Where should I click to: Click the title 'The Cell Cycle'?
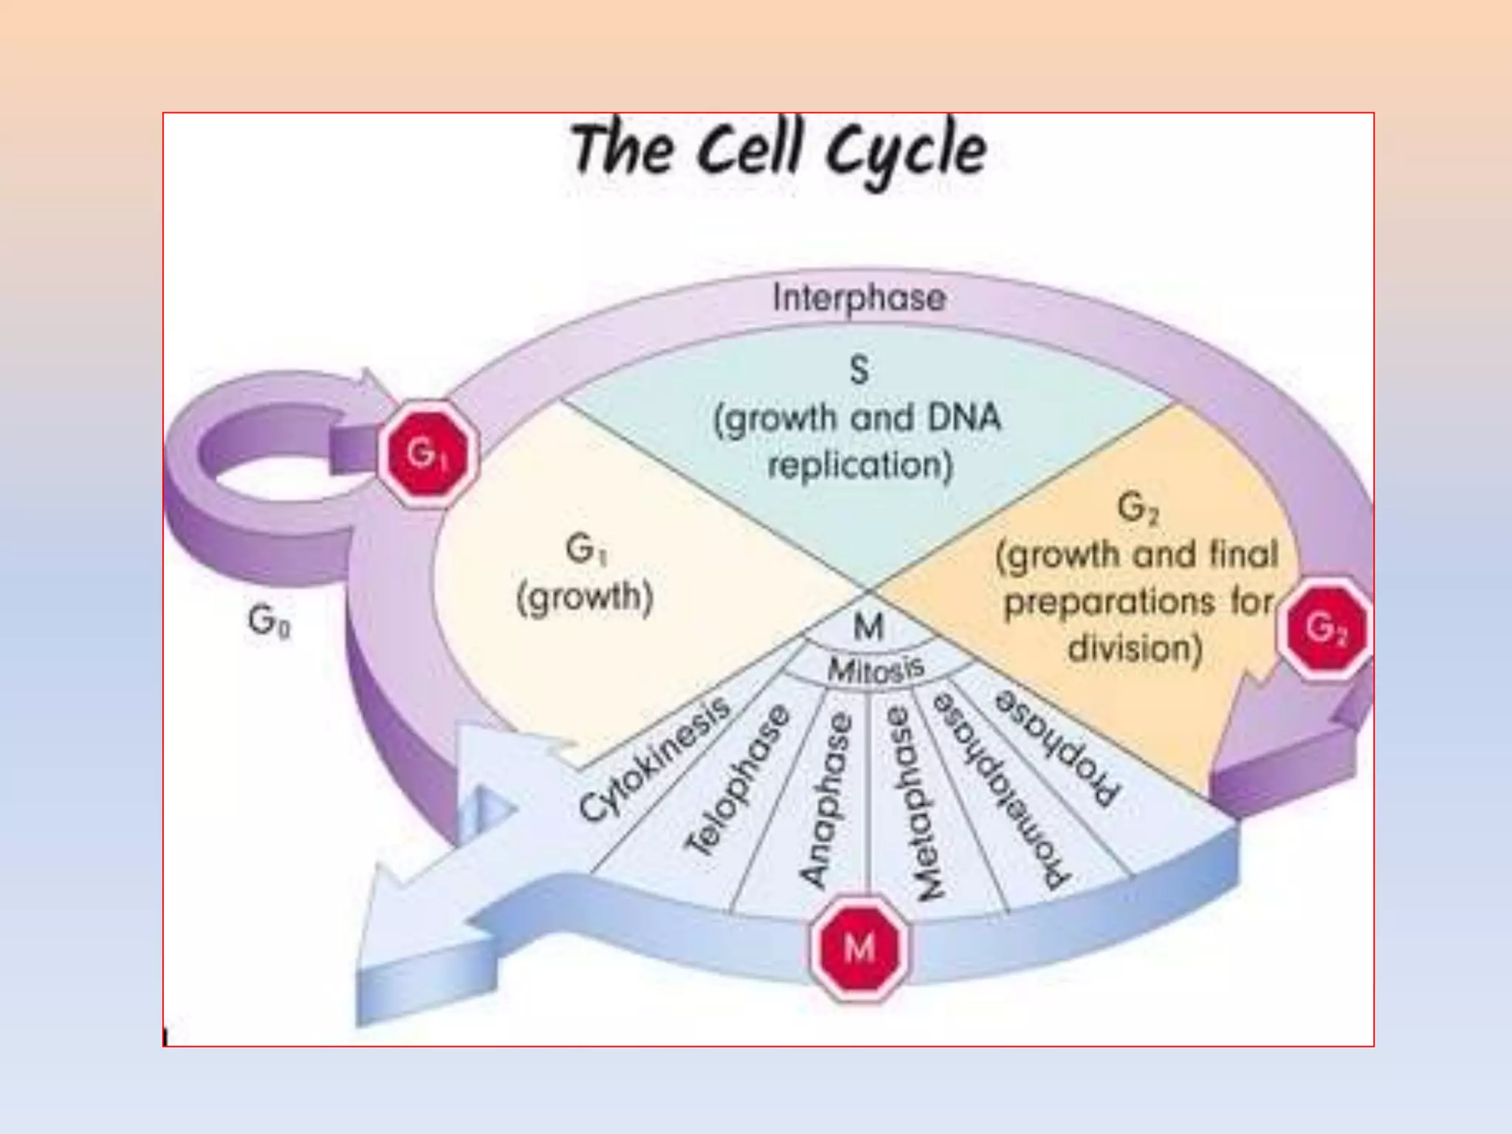(x=778, y=151)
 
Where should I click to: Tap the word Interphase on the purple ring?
(x=859, y=298)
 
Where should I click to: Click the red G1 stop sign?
(x=427, y=453)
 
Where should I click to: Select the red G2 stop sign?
(x=1325, y=628)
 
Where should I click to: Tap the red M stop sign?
(x=858, y=947)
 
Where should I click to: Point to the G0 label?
(x=269, y=621)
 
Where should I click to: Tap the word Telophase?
(x=738, y=781)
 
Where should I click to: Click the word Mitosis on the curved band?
(x=876, y=670)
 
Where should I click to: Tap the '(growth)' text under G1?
(x=585, y=598)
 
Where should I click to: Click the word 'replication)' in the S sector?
(x=860, y=466)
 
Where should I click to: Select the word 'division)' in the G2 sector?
(x=1135, y=648)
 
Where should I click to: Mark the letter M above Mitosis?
(x=868, y=628)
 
